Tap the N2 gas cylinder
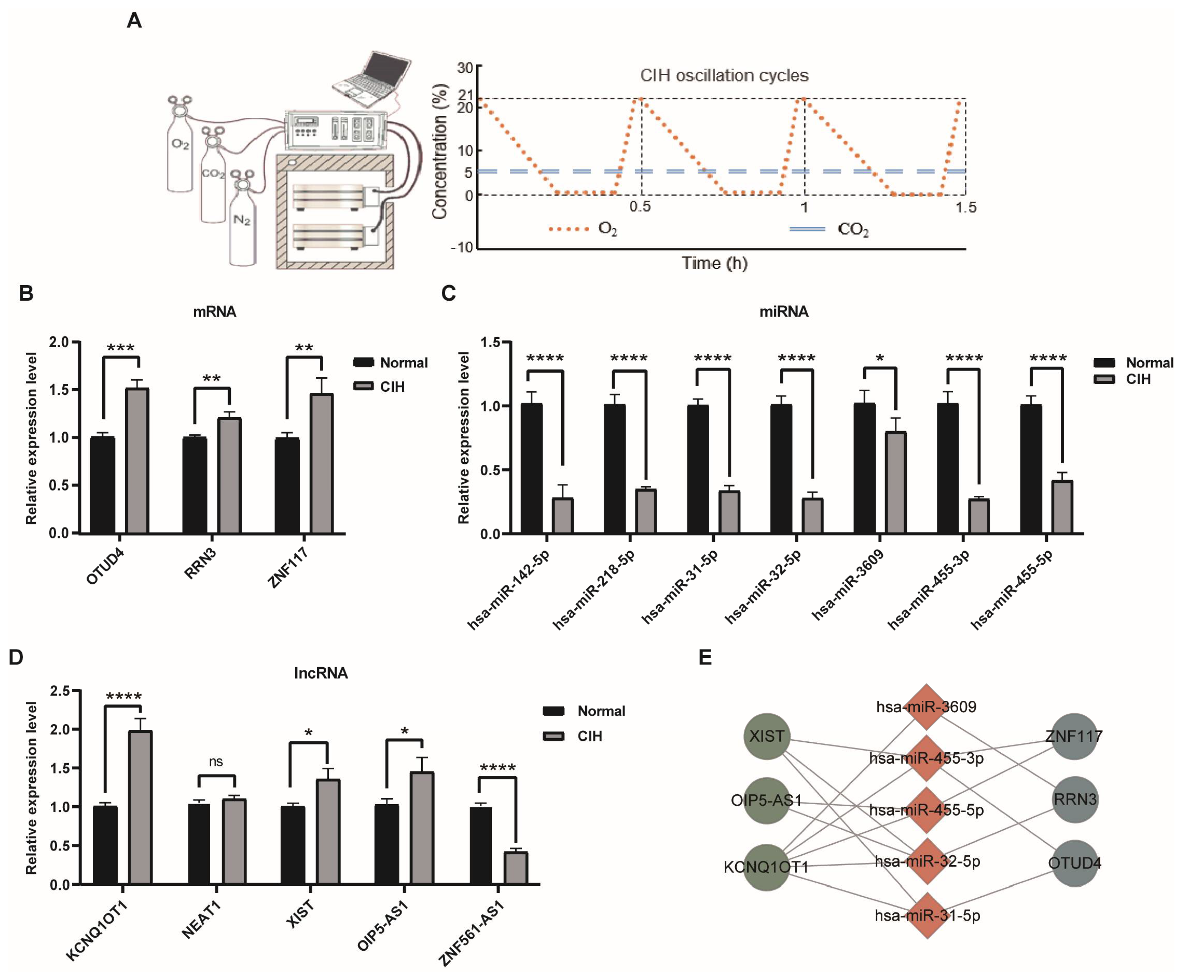242,224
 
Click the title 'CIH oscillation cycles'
724,75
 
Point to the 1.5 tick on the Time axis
965,207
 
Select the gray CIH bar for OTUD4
137,460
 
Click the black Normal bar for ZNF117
287,485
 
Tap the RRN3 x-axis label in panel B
200,564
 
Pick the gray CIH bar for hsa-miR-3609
895,482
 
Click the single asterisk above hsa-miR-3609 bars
880,358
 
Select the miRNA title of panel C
784,312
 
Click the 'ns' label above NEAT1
216,761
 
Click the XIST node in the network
767,736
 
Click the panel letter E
705,657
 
